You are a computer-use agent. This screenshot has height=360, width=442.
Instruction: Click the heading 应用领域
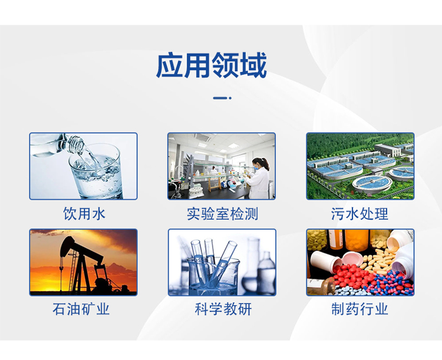click(211, 65)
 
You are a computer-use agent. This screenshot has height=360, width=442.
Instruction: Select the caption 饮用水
click(84, 213)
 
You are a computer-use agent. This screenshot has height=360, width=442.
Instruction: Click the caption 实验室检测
click(222, 213)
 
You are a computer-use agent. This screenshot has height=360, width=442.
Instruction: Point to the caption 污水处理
click(359, 213)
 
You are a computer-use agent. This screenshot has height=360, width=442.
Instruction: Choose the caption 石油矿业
click(84, 309)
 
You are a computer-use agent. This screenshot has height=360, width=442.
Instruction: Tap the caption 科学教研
click(222, 309)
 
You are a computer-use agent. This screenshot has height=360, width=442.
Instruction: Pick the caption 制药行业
click(359, 309)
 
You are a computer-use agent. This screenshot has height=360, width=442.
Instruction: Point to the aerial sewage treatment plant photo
click(360, 166)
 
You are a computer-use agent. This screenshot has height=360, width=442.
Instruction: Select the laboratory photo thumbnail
click(222, 166)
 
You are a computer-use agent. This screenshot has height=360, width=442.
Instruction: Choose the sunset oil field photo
click(83, 262)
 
